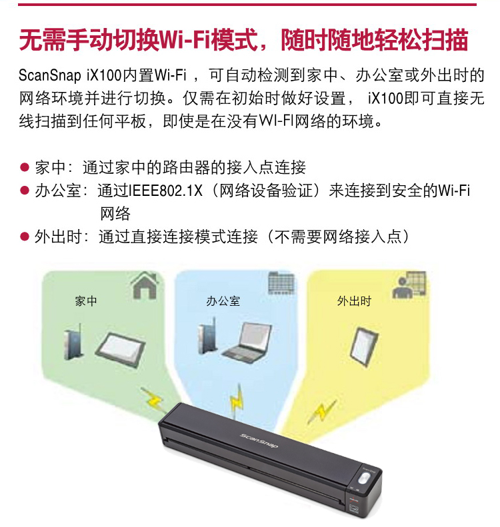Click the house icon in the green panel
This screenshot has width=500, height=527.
pyautogui.click(x=145, y=286)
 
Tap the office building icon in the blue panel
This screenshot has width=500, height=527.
pyautogui.click(x=282, y=282)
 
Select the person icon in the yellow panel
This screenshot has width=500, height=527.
pyautogui.click(x=409, y=285)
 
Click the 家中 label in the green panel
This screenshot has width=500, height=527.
pyautogui.click(x=86, y=300)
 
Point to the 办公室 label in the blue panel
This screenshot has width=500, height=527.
pyautogui.click(x=223, y=300)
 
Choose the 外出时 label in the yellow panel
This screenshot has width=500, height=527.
pyautogui.click(x=354, y=300)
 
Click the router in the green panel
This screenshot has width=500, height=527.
pyautogui.click(x=73, y=342)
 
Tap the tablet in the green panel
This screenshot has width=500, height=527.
pyautogui.click(x=121, y=350)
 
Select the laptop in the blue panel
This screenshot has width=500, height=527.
pyautogui.click(x=247, y=342)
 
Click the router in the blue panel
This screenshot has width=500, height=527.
pyautogui.click(x=207, y=336)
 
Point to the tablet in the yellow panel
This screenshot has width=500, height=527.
pyautogui.click(x=364, y=347)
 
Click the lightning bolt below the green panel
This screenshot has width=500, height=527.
pyautogui.click(x=153, y=400)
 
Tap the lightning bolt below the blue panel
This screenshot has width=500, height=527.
pyautogui.click(x=237, y=400)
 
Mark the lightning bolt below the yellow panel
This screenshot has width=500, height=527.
pyautogui.click(x=322, y=410)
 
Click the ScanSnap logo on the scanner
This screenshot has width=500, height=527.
pyautogui.click(x=259, y=440)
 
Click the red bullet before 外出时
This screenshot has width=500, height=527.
pyautogui.click(x=25, y=237)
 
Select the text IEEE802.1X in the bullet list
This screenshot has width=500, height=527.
pyautogui.click(x=166, y=191)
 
